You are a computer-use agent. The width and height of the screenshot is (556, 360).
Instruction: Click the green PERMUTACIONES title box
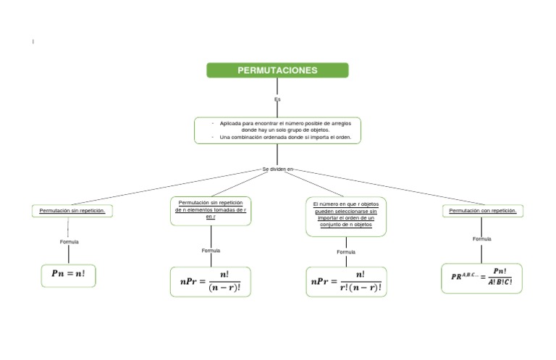[x=277, y=70]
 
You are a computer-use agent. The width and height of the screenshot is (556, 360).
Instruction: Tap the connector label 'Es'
[x=277, y=99]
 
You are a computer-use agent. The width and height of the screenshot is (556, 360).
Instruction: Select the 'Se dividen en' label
[x=277, y=169]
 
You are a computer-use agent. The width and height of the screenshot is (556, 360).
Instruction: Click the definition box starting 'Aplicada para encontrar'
[x=277, y=130]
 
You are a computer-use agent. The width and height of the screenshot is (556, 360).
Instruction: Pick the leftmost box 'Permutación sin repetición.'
[x=72, y=211]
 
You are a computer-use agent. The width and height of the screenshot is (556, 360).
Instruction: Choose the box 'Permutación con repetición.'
[x=483, y=211]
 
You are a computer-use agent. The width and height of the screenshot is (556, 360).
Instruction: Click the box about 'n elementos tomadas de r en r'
[x=211, y=209]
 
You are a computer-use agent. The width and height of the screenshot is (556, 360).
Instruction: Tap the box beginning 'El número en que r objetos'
[x=346, y=214]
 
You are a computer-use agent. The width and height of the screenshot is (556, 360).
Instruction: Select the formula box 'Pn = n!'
[x=69, y=275]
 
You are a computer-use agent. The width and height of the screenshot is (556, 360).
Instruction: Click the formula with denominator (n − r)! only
[x=211, y=281]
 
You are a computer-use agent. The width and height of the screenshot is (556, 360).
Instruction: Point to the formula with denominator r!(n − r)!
[x=346, y=281]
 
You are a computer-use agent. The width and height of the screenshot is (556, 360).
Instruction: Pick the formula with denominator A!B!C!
[x=481, y=277]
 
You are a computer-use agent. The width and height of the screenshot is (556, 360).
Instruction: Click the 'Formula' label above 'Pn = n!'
[x=69, y=241]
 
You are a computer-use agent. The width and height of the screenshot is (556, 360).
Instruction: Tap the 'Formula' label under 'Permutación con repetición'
[x=481, y=238]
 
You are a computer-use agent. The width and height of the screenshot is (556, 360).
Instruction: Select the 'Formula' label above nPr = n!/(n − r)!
[x=211, y=251]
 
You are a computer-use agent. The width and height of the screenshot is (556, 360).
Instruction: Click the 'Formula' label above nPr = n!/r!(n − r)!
[x=346, y=251]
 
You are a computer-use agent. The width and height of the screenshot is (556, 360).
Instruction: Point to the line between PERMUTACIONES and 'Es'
[x=277, y=86]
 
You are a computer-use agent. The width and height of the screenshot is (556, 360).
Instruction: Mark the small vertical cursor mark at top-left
[x=33, y=42]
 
